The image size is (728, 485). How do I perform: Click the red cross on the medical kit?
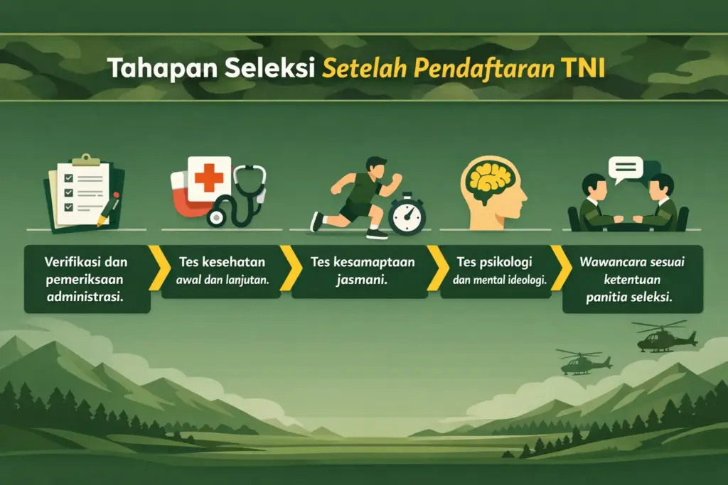coord(208,178)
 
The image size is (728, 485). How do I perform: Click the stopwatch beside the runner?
coord(407,214)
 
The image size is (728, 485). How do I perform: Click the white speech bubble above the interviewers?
coord(626,169)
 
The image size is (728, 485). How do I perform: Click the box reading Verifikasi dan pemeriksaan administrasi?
coord(87,278)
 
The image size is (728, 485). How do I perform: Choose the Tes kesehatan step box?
coord(222,271)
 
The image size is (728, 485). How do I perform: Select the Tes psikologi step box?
coord(495,271)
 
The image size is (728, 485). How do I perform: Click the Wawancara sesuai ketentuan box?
coord(632,278)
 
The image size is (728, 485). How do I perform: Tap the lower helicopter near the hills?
coord(583,363)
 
